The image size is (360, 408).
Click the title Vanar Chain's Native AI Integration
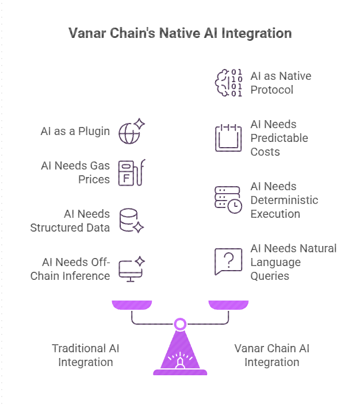[x=180, y=33]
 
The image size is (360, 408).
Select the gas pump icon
[x=131, y=172]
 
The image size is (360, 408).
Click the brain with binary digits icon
[x=228, y=83]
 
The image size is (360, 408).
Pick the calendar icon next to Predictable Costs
[x=228, y=138]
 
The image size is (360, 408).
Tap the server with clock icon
[x=228, y=200]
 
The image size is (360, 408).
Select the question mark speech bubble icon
[x=228, y=262]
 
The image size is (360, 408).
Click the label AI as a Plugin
[x=75, y=131]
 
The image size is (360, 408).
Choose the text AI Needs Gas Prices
[x=75, y=172]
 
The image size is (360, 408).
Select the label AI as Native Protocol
[x=281, y=83]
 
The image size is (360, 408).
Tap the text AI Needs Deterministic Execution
[x=284, y=200]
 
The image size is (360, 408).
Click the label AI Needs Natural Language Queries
[x=293, y=262]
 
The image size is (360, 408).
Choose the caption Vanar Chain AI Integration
[x=271, y=355]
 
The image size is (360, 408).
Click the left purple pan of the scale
[x=132, y=305]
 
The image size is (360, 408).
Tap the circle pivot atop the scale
[x=180, y=324]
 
